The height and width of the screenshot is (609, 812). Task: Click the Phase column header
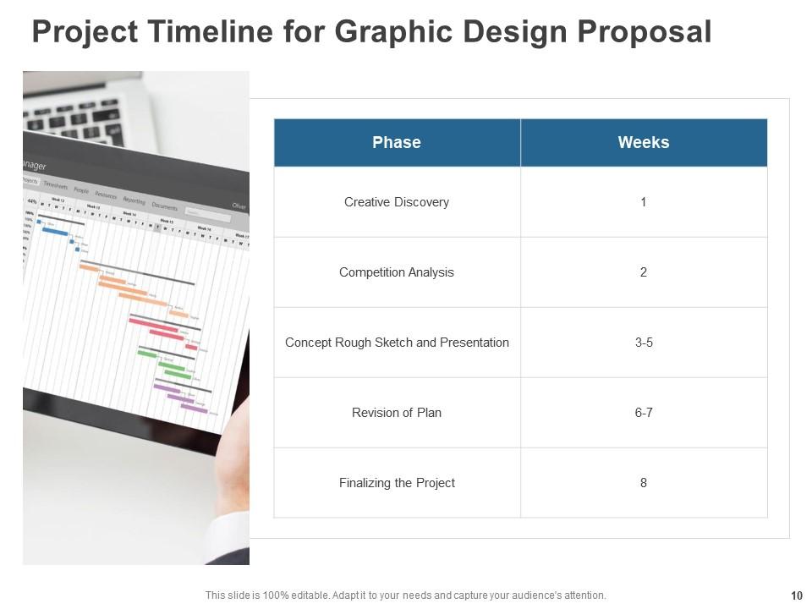click(x=396, y=142)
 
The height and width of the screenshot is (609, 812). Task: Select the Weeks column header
click(x=643, y=142)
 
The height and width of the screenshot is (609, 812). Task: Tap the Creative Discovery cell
click(x=396, y=202)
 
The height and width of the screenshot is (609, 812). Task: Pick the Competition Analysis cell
click(x=396, y=272)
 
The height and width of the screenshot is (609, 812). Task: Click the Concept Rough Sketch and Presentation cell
click(x=397, y=343)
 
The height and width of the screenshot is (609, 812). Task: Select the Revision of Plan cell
click(x=396, y=413)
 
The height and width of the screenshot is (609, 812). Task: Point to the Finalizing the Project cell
click(x=396, y=483)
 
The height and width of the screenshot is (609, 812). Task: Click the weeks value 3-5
click(x=643, y=343)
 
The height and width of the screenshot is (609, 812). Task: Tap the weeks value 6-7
click(x=643, y=413)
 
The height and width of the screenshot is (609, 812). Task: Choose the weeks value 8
click(x=643, y=483)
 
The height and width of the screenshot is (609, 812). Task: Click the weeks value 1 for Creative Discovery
click(x=643, y=202)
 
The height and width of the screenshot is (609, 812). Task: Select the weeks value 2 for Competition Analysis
click(x=643, y=272)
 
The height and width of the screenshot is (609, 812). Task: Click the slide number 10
click(x=797, y=595)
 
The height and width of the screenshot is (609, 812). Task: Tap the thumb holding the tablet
click(x=238, y=440)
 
